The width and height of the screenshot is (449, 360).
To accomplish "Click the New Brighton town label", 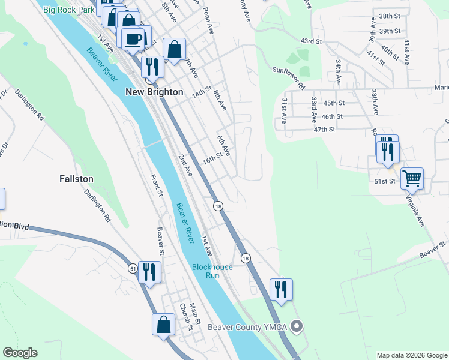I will point(154,92).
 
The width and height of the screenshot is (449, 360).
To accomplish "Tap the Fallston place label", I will point(76,179).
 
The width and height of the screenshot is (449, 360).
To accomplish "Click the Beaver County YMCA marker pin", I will point(296,327).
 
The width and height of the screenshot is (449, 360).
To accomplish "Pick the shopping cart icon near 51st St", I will point(412,178).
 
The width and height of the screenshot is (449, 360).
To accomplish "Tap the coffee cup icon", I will point(132,39).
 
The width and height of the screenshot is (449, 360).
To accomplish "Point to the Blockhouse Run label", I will point(206,271).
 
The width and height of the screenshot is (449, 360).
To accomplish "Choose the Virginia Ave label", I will point(415,209).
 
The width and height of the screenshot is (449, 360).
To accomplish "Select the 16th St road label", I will point(212,160).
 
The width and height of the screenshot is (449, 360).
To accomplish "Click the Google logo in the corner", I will point(20,353).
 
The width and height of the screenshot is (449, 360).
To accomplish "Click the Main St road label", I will point(194,316).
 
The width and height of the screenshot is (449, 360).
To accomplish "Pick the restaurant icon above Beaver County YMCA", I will point(281,289).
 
